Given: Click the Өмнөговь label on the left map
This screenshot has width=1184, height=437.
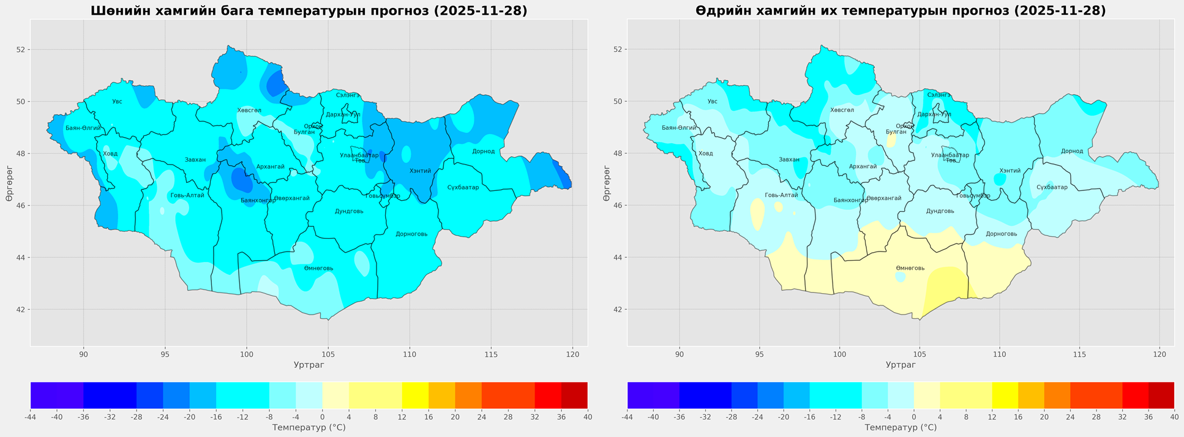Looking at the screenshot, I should click(x=318, y=269).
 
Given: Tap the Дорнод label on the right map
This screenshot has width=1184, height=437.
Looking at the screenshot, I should click(x=1072, y=151).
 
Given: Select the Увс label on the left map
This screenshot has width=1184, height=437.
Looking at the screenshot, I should click(x=117, y=102).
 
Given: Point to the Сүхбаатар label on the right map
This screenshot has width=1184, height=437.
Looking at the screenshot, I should click(x=1052, y=187).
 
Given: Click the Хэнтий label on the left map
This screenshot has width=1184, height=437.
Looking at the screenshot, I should click(x=420, y=171).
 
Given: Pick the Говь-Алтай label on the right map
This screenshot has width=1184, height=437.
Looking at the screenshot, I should click(x=781, y=195).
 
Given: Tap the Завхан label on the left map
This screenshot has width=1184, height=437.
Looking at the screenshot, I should click(x=195, y=160).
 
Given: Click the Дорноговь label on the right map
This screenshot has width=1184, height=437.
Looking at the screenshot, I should click(x=1001, y=234).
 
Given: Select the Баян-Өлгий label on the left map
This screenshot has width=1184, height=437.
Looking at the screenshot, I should click(x=83, y=128).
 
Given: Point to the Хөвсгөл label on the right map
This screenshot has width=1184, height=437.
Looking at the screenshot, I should click(x=842, y=110).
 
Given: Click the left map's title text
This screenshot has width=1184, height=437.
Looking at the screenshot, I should click(x=309, y=11).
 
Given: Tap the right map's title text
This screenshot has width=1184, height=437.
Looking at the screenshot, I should click(x=901, y=11).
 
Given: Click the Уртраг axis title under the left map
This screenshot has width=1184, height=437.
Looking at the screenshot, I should click(x=309, y=365).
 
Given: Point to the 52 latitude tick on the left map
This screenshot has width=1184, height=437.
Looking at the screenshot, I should click(x=20, y=50).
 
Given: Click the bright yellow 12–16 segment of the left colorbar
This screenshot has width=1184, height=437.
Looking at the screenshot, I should click(x=415, y=395).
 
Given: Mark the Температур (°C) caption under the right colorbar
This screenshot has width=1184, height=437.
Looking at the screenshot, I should click(x=901, y=427).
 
